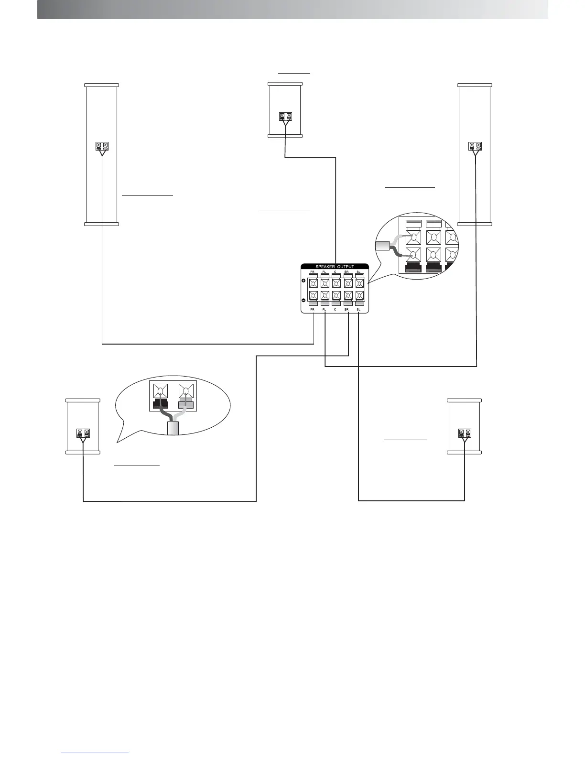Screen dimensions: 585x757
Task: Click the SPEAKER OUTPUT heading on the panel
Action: [x=335, y=267]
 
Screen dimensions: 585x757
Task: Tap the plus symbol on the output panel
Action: [x=304, y=281]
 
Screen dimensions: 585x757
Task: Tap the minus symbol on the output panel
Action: [x=304, y=300]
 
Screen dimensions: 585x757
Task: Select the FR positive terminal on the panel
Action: [x=313, y=283]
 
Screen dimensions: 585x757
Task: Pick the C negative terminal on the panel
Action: [x=336, y=295]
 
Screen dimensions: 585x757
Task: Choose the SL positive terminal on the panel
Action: [x=359, y=283]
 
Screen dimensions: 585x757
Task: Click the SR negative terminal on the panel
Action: [x=348, y=295]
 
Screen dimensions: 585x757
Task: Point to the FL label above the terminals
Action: [x=325, y=272]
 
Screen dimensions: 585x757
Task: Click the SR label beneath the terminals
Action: [x=347, y=310]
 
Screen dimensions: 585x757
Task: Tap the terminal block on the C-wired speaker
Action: [x=285, y=116]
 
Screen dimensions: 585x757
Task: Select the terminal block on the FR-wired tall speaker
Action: [x=102, y=146]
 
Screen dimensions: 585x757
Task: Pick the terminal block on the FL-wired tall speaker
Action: [x=475, y=146]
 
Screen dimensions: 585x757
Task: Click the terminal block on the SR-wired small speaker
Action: [x=83, y=433]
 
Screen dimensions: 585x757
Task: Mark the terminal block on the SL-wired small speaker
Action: [x=465, y=433]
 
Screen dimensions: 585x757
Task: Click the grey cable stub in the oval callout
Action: [x=172, y=428]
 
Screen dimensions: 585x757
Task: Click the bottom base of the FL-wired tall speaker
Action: [x=475, y=223]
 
